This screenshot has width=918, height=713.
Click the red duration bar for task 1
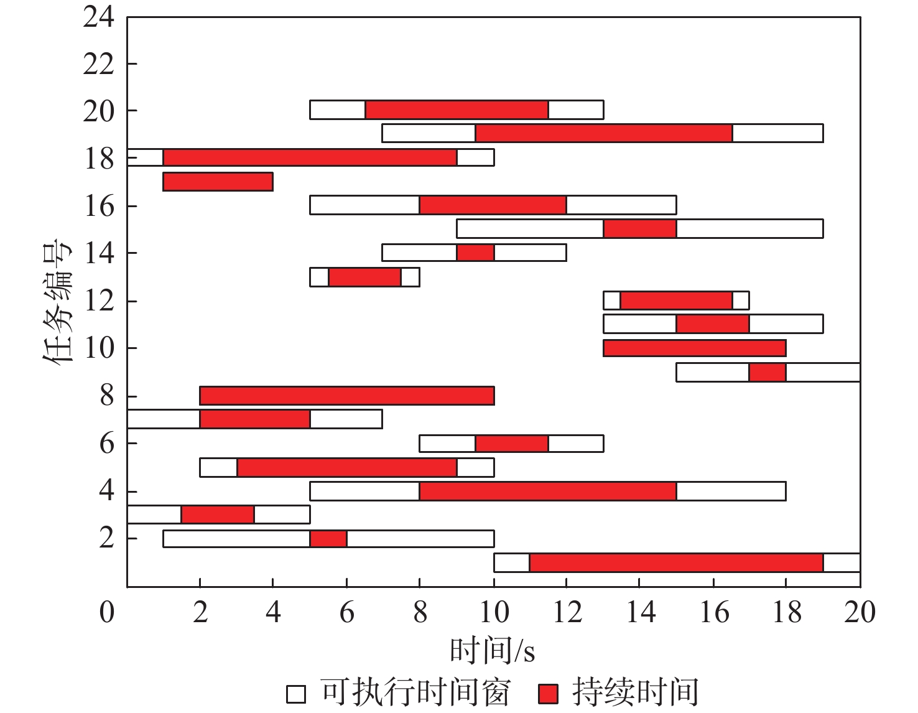tap(676, 562)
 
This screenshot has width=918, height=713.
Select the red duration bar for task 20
tap(457, 110)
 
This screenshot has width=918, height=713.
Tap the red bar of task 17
tap(218, 182)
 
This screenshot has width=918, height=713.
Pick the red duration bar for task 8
tap(346, 396)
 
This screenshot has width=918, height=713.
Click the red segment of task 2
tap(328, 539)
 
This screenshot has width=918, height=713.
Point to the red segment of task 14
tap(475, 253)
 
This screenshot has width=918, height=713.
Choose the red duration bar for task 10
tap(694, 348)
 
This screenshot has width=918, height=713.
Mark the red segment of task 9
tap(767, 372)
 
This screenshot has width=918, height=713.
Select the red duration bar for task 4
tap(547, 491)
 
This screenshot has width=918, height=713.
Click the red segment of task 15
tap(640, 229)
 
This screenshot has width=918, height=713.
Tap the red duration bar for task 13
tap(364, 277)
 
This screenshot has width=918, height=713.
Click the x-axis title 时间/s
tap(492, 651)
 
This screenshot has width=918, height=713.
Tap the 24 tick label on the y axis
tap(99, 17)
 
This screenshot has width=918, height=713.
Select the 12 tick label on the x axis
tap(567, 613)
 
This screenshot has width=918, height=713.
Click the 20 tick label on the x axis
tap(860, 613)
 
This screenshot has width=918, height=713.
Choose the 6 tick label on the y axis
tap(107, 444)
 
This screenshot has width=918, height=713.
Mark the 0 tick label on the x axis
tap(107, 613)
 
